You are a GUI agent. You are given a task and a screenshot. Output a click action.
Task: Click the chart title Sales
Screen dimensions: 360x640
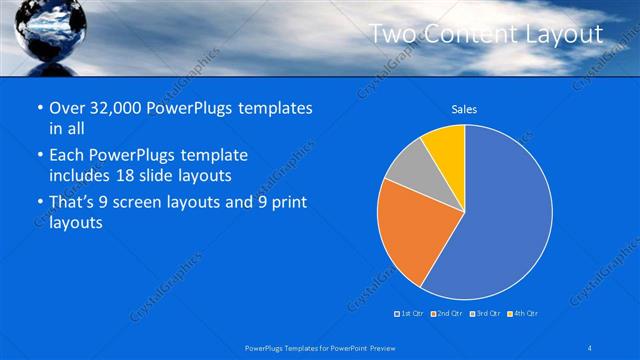464,108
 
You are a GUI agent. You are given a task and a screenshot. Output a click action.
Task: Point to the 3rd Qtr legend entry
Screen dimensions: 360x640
484,313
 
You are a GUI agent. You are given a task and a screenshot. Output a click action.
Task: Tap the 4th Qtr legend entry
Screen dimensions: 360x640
523,313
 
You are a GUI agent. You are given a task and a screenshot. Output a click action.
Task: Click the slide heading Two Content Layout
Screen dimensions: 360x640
486,34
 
